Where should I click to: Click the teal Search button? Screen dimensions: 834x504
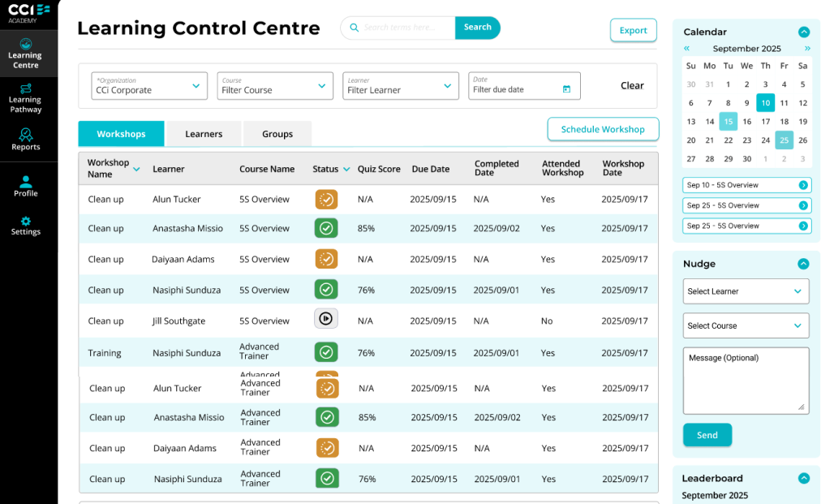(477, 28)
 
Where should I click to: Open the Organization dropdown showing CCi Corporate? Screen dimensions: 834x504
(149, 86)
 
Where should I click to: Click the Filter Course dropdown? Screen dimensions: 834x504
(274, 86)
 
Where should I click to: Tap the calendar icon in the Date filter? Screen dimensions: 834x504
(566, 89)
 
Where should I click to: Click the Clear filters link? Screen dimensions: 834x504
(632, 86)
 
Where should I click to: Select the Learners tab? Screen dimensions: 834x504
(204, 134)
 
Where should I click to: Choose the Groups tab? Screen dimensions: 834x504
(277, 134)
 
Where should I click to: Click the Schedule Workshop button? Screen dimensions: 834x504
(603, 129)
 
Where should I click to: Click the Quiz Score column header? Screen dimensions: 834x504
(379, 169)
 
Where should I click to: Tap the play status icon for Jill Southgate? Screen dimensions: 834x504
(326, 319)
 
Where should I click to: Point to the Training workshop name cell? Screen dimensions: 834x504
(104, 353)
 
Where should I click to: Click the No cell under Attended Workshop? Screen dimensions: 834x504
(547, 321)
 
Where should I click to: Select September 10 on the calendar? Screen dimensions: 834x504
(765, 103)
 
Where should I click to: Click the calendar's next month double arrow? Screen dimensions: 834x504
(807, 49)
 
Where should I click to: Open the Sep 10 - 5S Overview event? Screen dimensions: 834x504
(746, 185)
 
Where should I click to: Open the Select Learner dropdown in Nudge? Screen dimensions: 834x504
(746, 291)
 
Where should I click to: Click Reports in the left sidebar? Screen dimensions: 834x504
(25, 140)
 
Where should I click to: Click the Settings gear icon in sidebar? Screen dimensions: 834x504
(25, 221)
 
